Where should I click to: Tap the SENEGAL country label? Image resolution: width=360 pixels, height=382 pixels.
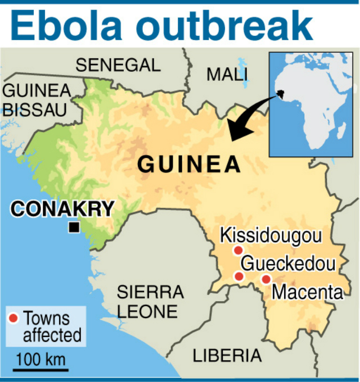(118, 65)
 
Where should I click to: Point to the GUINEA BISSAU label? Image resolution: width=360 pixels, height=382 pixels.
(37, 99)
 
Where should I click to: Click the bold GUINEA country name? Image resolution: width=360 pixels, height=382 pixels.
(190, 165)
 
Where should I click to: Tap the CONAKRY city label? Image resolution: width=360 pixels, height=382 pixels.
(62, 208)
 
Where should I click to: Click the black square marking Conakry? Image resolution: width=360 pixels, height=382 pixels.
(73, 228)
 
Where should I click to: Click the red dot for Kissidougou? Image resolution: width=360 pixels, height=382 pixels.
(238, 250)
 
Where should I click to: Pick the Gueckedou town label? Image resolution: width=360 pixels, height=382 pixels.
(289, 264)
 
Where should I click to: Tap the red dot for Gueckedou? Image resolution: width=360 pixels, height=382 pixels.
(238, 276)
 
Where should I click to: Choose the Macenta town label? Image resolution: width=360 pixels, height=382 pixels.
(307, 292)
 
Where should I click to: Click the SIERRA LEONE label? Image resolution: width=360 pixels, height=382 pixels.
(150, 301)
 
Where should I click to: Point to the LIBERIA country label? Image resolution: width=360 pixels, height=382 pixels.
(227, 355)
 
